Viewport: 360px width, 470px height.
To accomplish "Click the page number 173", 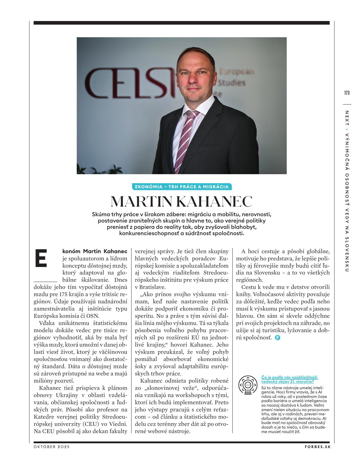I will pyautogui.click(x=347, y=93).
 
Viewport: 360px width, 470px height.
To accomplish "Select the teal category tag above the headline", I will pyautogui.click(x=182, y=187).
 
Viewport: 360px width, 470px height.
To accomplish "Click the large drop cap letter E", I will pyautogui.click(x=41, y=258).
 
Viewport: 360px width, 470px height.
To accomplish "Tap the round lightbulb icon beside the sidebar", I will pyautogui.click(x=248, y=385).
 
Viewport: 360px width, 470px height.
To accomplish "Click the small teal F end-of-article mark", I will pyautogui.click(x=277, y=338).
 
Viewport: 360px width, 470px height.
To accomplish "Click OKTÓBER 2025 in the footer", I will pyautogui.click(x=52, y=447).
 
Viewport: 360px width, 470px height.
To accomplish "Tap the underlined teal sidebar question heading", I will pyautogui.click(x=289, y=379).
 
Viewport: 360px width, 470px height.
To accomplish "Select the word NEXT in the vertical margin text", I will pyautogui.click(x=347, y=118).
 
